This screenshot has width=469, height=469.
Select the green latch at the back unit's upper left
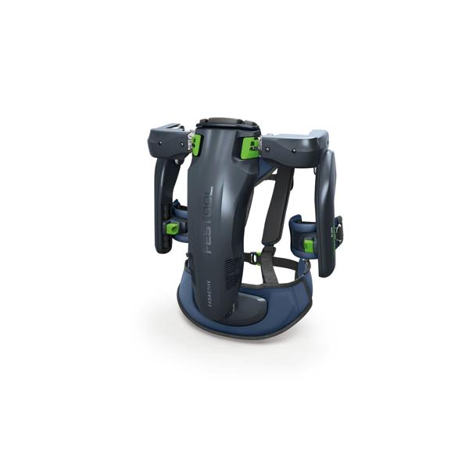(x=197, y=145)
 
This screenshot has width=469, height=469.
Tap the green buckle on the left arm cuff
(x=171, y=228)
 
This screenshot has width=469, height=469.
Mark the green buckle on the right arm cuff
(x=310, y=245)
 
